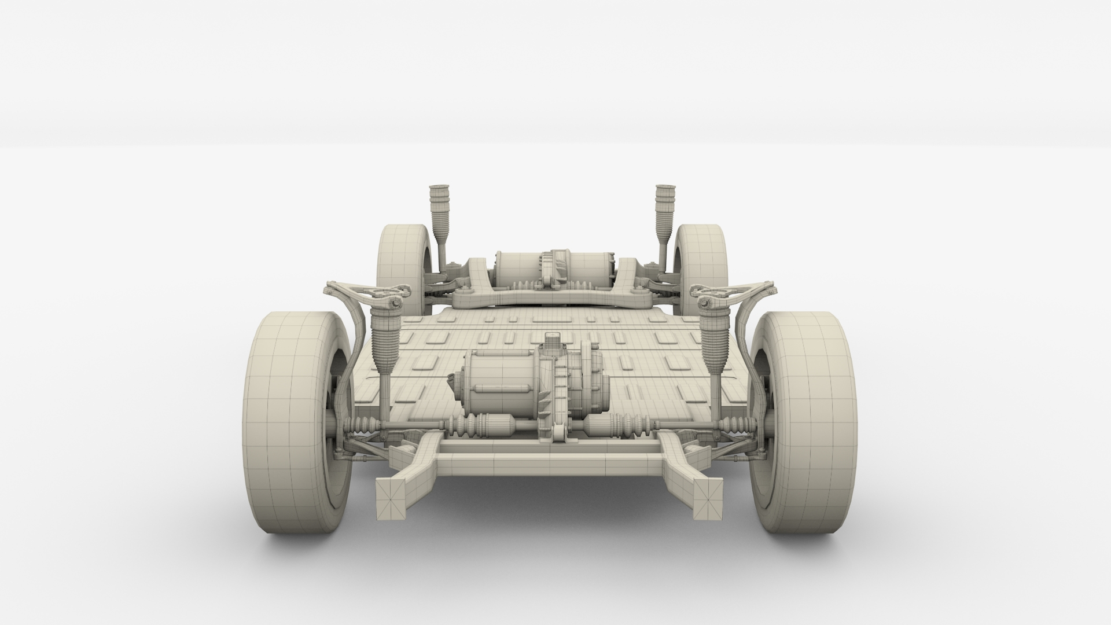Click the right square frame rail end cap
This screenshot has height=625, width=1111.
(708, 498)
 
